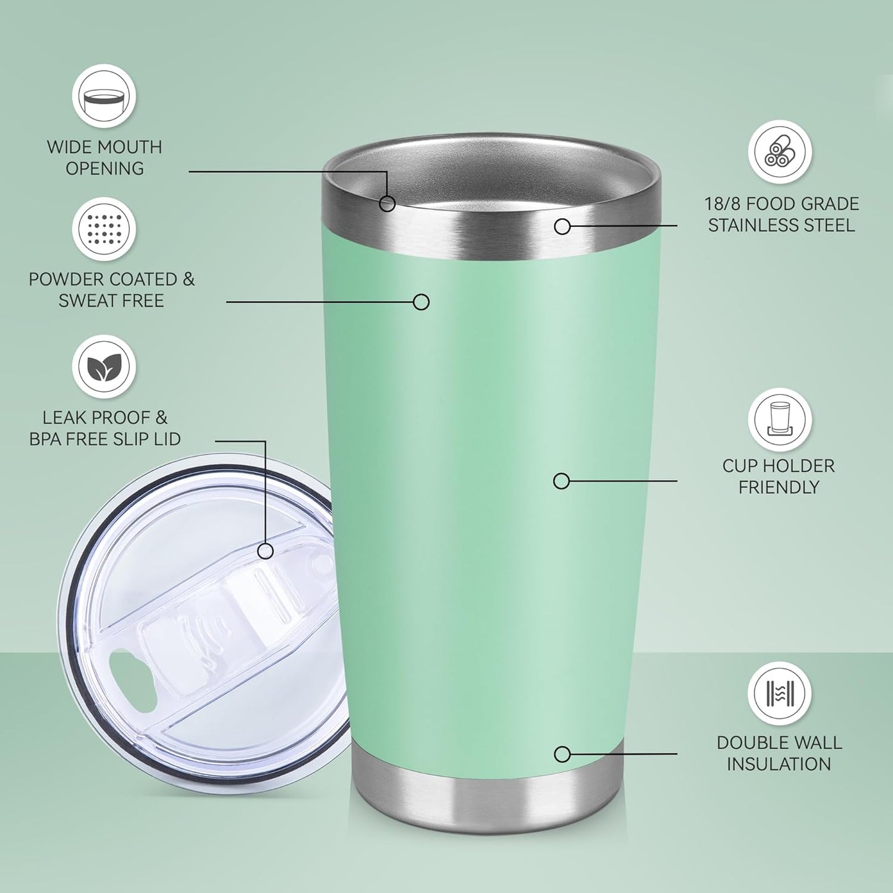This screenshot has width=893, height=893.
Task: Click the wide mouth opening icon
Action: click(104, 96)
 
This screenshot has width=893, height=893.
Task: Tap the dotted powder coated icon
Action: click(104, 229)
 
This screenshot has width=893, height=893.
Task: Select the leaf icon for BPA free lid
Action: click(104, 367)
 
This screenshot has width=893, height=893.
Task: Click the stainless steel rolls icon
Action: click(780, 151)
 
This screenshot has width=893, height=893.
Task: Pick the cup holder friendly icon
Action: click(780, 420)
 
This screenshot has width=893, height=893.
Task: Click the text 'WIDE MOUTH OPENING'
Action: click(104, 158)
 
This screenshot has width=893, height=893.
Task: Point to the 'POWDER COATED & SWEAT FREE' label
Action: click(111, 290)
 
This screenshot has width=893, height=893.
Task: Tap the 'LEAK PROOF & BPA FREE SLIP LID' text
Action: click(105, 428)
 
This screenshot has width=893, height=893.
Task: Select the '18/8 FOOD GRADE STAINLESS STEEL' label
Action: click(781, 214)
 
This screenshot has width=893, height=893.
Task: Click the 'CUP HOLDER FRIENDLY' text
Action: click(779, 476)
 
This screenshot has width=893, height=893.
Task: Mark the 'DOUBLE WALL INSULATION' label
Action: click(779, 753)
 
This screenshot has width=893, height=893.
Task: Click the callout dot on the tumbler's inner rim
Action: click(387, 203)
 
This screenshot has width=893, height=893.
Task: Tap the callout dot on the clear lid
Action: click(266, 551)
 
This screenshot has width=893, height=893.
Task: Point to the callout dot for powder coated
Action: click(421, 302)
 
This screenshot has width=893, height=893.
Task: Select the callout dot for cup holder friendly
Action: click(561, 481)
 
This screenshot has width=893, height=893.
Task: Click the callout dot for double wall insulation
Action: click(562, 754)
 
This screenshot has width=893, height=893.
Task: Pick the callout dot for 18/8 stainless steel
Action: click(562, 226)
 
